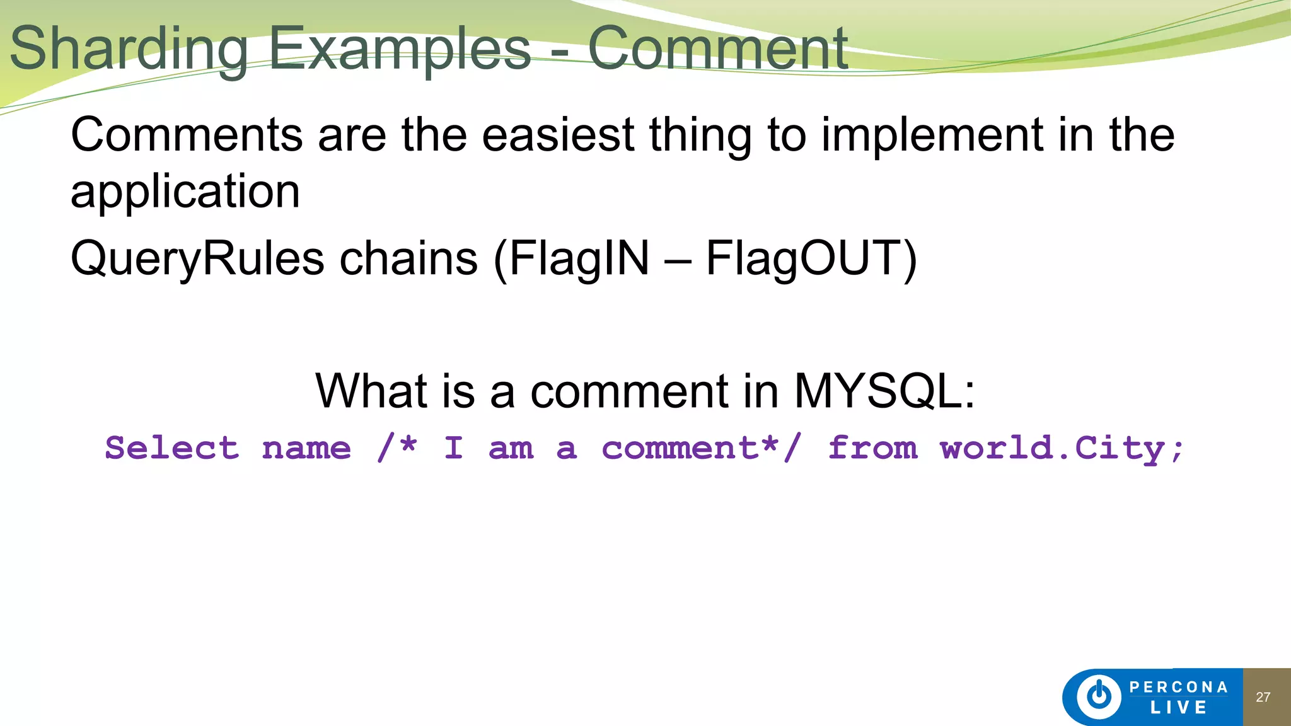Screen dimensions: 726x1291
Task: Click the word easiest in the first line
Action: click(x=558, y=135)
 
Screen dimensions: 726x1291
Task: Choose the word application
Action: click(x=185, y=192)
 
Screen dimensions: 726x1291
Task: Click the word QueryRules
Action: click(x=197, y=258)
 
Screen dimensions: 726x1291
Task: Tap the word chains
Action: click(x=408, y=258)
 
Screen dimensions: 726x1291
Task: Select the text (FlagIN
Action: click(x=571, y=258)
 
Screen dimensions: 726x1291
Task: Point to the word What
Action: click(x=372, y=391)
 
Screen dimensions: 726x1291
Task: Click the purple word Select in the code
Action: click(x=172, y=448)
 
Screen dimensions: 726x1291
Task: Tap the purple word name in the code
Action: click(x=306, y=448)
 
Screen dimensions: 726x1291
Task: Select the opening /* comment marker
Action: click(x=397, y=448)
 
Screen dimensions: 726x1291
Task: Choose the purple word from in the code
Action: click(x=872, y=448)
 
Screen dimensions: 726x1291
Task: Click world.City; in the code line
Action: click(x=1062, y=448)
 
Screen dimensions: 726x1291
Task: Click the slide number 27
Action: click(x=1263, y=697)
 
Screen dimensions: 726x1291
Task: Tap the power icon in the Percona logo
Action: click(x=1099, y=696)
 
